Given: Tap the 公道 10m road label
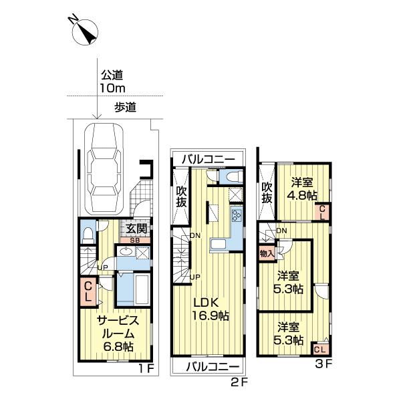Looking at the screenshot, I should [x=114, y=82].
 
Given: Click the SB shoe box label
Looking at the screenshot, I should [x=134, y=240].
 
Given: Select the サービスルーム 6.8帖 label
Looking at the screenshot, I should [x=114, y=332].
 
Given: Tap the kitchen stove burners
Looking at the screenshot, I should [x=237, y=215].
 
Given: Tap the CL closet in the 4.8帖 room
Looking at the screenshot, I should [x=322, y=212].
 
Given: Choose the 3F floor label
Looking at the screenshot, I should [x=324, y=364].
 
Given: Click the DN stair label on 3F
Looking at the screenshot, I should [x=282, y=231].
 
